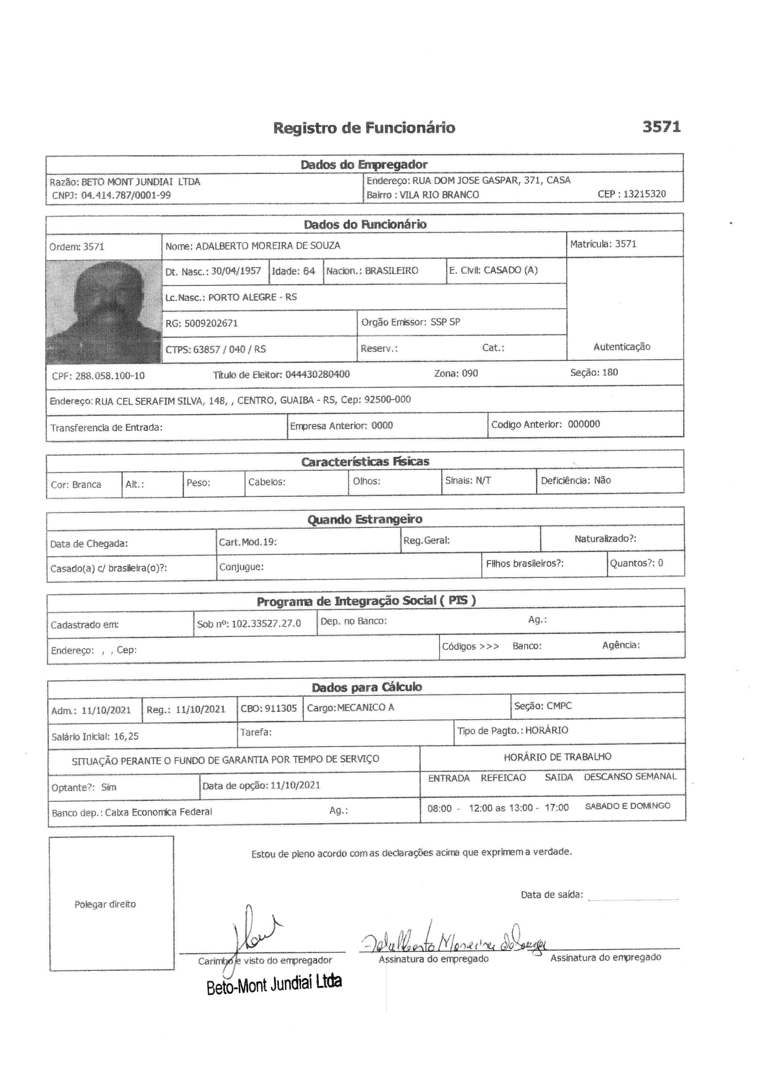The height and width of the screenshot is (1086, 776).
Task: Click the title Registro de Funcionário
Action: tap(364, 128)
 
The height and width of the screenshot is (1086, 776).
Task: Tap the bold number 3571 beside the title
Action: tap(661, 127)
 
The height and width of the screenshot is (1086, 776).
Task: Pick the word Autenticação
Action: tap(622, 347)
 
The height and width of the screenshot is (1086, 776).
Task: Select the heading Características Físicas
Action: tap(365, 461)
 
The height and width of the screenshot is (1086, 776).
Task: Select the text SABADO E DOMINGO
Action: tap(627, 806)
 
